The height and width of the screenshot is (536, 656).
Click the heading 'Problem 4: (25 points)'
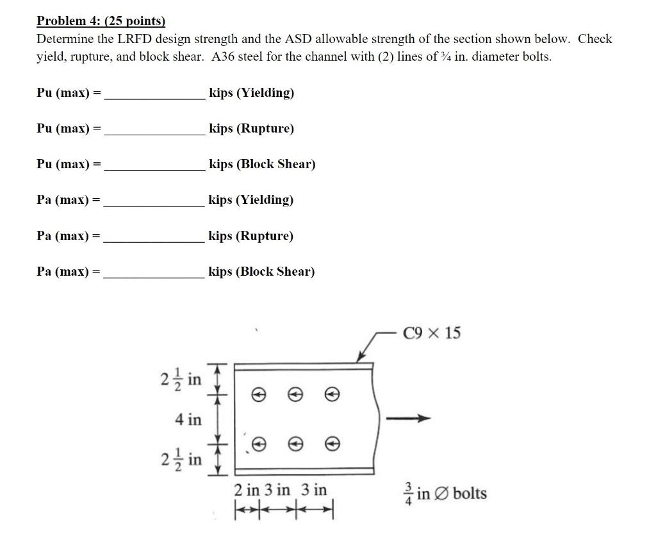(x=101, y=21)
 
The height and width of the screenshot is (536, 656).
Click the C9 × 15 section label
(x=432, y=333)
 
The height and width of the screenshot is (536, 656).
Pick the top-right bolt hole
(x=331, y=396)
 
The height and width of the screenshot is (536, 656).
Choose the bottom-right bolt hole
(x=331, y=443)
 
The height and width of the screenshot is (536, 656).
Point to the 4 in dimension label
(x=188, y=420)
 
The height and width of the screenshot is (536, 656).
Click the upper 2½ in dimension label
(x=180, y=379)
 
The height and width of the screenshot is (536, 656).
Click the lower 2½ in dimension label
(x=180, y=460)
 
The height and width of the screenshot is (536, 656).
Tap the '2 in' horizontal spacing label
(x=246, y=490)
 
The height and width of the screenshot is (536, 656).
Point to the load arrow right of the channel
(x=407, y=419)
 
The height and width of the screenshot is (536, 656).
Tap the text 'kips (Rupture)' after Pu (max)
(x=252, y=129)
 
